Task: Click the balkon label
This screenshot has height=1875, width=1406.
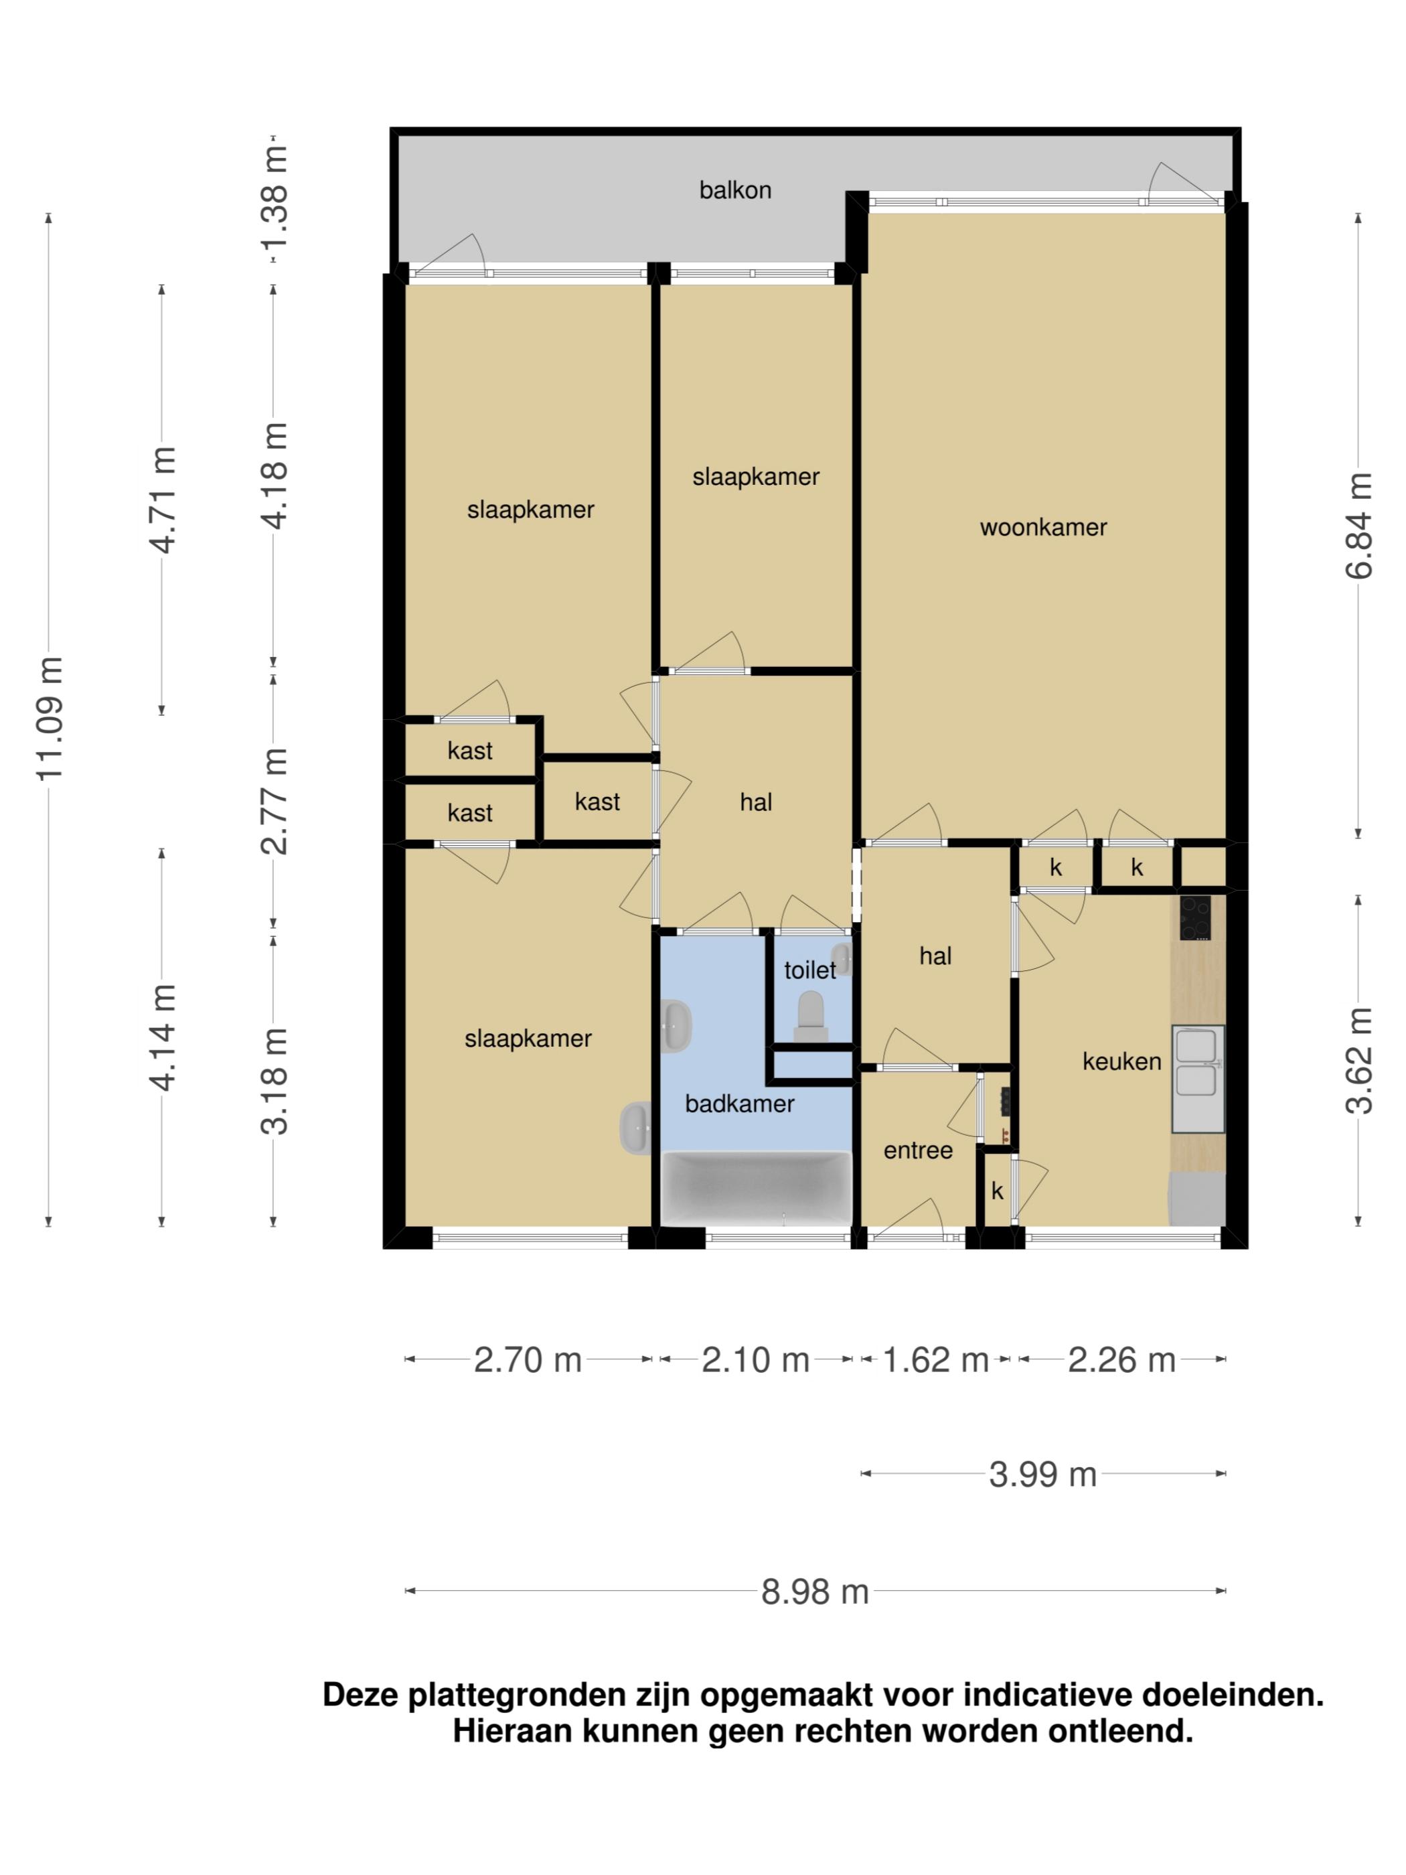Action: (x=734, y=190)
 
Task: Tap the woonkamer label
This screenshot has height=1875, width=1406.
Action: (x=1043, y=527)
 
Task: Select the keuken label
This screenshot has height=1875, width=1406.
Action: (x=1121, y=1061)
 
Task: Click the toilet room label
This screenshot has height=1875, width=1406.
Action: (x=809, y=970)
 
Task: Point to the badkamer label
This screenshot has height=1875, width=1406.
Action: (x=739, y=1104)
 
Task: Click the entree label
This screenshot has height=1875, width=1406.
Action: (x=918, y=1150)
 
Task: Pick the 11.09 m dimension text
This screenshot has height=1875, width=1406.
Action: (x=48, y=718)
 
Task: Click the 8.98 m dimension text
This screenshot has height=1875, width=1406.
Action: (x=814, y=1592)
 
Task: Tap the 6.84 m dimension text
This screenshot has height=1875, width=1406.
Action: (x=1358, y=526)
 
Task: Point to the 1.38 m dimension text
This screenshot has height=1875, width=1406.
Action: (x=274, y=201)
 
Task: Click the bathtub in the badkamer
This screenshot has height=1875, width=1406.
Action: (x=756, y=1189)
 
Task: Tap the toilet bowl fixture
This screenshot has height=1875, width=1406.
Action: (x=811, y=1017)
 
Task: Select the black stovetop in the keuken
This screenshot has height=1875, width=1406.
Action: (x=1196, y=918)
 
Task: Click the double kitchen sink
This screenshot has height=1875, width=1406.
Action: (x=1198, y=1079)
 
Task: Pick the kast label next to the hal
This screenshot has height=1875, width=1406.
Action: (x=597, y=802)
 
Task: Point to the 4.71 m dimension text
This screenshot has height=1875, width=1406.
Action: (x=162, y=500)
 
